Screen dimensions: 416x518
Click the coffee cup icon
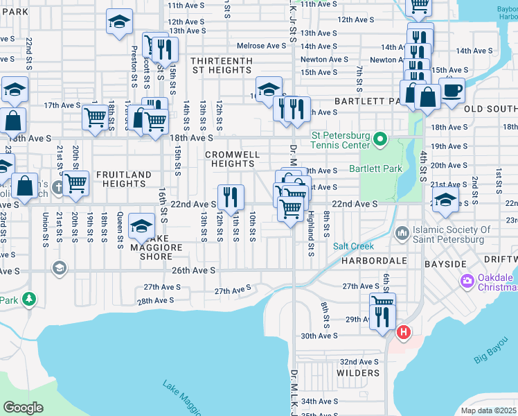click(452, 90)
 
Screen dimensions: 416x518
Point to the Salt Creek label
click(353, 246)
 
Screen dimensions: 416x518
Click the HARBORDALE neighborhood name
click(373, 261)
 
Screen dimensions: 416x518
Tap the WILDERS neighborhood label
click(358, 373)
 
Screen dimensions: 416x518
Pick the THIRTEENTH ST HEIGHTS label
click(222, 65)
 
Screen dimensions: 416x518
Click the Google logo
click(23, 407)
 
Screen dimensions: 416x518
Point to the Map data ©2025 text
click(489, 410)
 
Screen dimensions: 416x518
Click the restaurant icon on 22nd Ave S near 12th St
click(231, 197)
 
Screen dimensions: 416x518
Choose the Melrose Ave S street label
click(261, 46)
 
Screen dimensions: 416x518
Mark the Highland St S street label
click(312, 233)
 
